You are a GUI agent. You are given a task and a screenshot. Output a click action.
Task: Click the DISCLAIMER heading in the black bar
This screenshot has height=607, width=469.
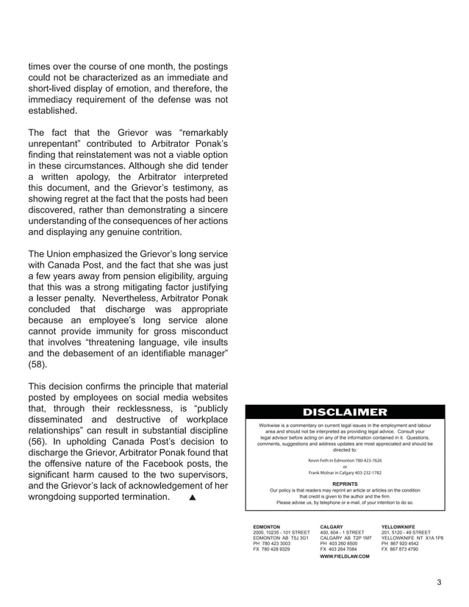(x=345, y=412)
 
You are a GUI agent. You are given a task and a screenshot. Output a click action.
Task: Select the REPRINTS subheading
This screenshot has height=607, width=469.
(x=345, y=484)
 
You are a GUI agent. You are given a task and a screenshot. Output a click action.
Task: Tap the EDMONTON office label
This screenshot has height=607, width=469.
(x=266, y=527)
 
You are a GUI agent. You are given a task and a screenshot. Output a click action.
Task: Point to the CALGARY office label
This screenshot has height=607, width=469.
(x=332, y=527)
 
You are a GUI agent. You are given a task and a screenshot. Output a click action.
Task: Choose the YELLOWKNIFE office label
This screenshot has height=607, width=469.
(x=400, y=527)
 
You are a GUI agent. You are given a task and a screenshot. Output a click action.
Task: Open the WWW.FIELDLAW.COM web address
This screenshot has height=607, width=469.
(x=345, y=556)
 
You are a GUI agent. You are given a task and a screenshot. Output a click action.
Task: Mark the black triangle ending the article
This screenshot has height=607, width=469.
(x=193, y=498)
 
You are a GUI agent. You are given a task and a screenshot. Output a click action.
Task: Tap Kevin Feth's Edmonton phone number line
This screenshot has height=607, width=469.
(x=345, y=460)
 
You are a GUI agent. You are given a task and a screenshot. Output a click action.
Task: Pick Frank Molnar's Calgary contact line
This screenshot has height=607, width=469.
(x=345, y=473)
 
